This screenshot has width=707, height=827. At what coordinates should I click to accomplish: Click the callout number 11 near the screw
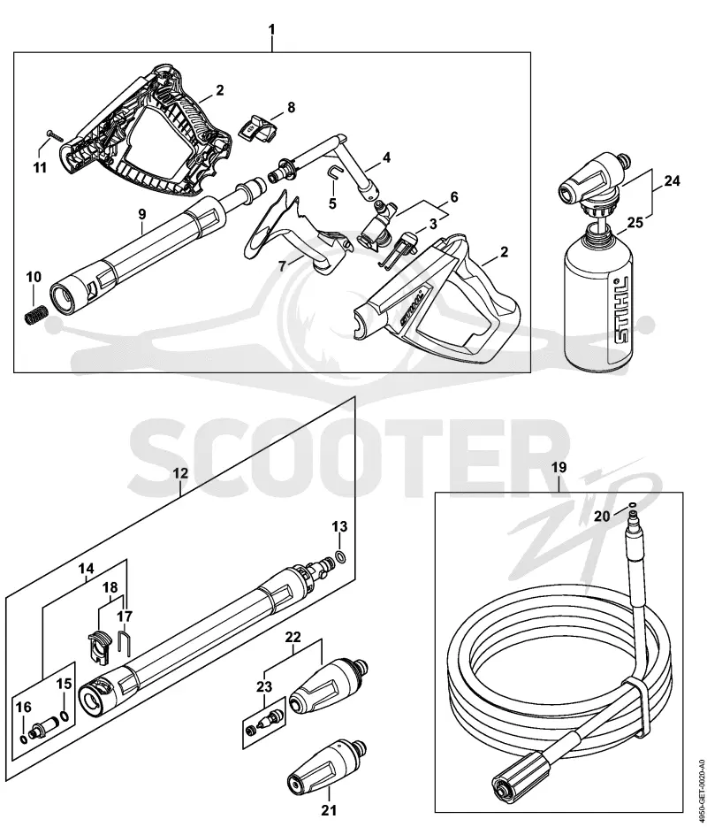click(40, 168)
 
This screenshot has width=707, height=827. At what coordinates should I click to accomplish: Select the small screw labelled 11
click(54, 134)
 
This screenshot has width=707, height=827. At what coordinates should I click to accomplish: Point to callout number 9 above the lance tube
click(142, 215)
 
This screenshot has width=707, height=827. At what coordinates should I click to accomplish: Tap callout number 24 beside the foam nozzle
click(671, 181)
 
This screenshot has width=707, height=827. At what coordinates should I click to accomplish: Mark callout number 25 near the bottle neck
click(635, 223)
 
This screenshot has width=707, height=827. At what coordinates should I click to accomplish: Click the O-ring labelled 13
click(340, 556)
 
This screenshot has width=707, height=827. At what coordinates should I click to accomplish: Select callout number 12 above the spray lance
click(179, 473)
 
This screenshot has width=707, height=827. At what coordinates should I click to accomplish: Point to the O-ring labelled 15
click(64, 716)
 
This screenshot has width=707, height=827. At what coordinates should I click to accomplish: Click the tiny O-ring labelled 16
click(23, 739)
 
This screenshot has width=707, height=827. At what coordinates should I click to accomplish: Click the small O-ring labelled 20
click(632, 505)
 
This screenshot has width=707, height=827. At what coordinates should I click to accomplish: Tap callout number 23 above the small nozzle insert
click(264, 686)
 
